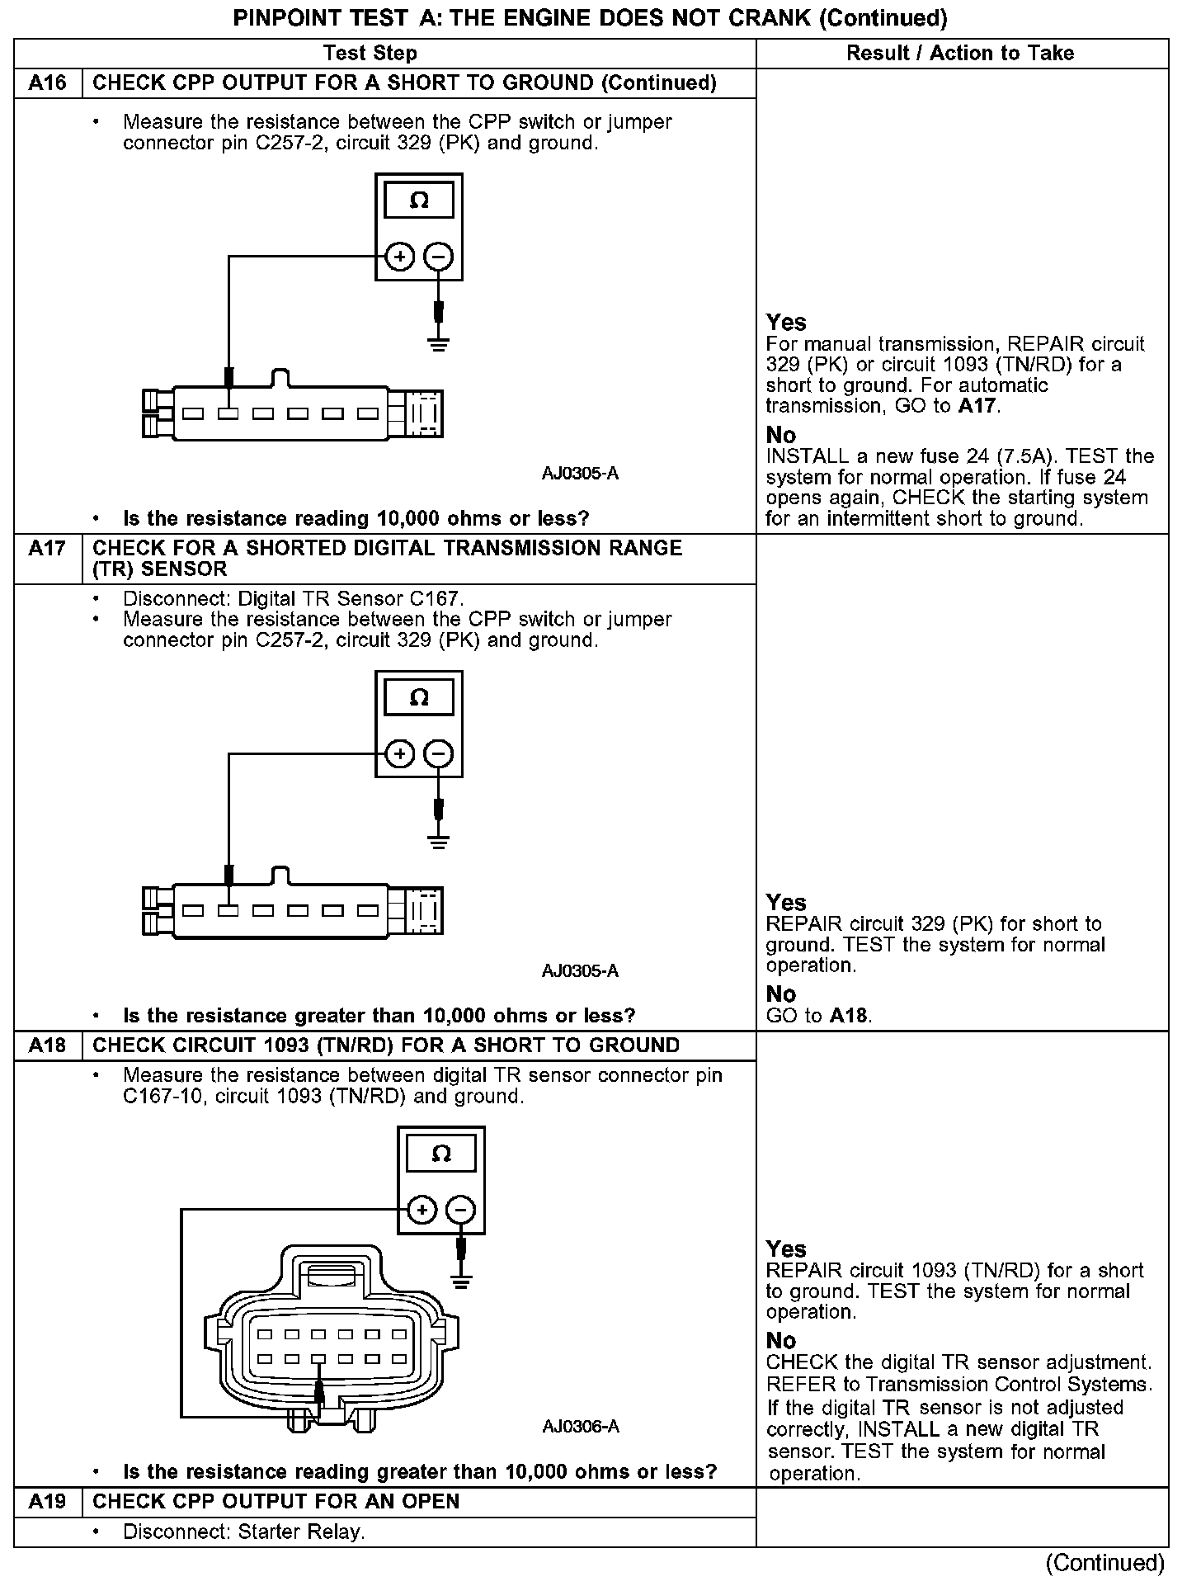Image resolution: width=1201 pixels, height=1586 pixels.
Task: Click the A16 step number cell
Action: [48, 83]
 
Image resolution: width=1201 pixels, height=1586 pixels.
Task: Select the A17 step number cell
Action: [48, 549]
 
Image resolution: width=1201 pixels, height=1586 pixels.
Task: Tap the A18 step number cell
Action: [48, 1046]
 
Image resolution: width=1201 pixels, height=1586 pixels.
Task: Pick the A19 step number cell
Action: [48, 1501]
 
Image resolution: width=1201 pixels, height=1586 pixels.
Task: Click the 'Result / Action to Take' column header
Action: [960, 54]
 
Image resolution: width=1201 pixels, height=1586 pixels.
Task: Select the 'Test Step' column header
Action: [370, 54]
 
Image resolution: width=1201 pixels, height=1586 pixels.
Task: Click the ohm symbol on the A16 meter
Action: [419, 201]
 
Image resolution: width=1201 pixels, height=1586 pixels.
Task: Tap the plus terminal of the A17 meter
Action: [400, 754]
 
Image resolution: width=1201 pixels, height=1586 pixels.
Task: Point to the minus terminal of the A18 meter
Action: [460, 1211]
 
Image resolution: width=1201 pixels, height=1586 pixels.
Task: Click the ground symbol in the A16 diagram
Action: [439, 343]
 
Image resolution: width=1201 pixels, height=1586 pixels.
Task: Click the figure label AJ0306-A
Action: [581, 1427]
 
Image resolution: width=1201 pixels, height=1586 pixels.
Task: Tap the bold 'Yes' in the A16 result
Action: [786, 323]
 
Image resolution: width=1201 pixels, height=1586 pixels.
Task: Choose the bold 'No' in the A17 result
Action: [781, 994]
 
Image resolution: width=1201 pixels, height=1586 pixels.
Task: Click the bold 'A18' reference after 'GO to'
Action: [849, 1016]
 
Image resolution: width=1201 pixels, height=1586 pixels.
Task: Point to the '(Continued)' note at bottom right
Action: [1104, 1563]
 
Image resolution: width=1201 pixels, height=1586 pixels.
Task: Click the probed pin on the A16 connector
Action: [228, 413]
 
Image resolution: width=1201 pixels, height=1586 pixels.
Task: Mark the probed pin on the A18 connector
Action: [319, 1359]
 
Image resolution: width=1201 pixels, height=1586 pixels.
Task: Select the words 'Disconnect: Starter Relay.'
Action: [244, 1532]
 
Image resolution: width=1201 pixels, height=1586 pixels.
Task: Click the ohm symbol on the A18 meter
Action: [441, 1154]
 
